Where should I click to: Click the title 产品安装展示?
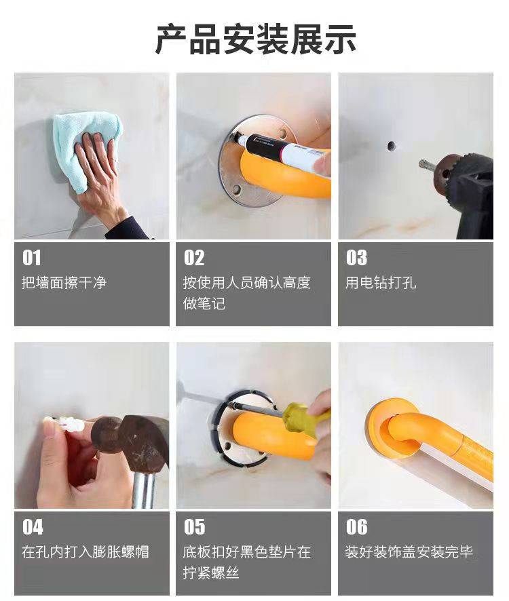(255, 39)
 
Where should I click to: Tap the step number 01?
(31, 258)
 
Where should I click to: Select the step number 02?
(194, 258)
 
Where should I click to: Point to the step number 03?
(356, 258)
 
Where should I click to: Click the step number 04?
(33, 527)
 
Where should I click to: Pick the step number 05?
(195, 527)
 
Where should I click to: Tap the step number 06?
(357, 527)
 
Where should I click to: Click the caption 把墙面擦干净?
(64, 283)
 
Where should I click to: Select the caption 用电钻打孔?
(381, 283)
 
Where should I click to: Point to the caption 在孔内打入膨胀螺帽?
(85, 552)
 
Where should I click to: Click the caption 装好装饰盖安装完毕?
(409, 552)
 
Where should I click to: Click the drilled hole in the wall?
(391, 146)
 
